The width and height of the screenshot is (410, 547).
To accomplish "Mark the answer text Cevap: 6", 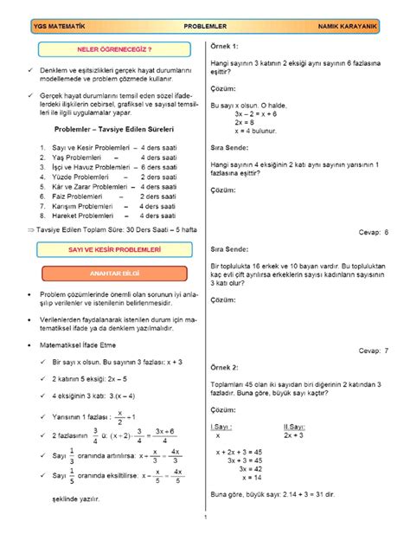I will [374, 233].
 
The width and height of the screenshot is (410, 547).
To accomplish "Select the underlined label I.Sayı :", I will [224, 427].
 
